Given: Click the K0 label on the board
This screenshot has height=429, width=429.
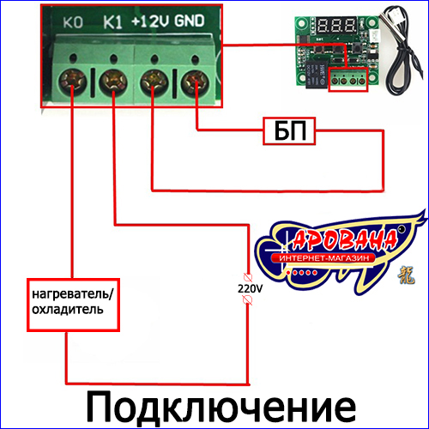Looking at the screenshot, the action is point(73,22).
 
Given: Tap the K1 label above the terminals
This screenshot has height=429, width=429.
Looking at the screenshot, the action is point(112,22).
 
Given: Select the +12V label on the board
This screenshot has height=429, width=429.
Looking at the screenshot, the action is point(150,21).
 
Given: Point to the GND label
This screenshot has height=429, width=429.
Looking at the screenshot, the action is point(190,21).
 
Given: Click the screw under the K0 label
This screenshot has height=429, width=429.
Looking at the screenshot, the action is point(73,82).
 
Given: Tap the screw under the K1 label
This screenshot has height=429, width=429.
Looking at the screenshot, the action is point(113,82).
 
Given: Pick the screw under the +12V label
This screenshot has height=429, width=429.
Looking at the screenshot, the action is point(154,82).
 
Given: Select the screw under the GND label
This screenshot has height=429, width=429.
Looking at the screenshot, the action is point(196,82).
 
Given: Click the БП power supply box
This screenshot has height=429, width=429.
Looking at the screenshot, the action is point(289,131).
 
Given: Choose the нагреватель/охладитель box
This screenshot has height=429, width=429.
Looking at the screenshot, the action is point(73,305).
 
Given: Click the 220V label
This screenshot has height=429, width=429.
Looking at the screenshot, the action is point(250,289).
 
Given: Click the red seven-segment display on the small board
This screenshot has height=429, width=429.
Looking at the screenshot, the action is point(336,26).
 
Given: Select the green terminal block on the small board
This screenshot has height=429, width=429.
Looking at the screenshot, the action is point(348,81).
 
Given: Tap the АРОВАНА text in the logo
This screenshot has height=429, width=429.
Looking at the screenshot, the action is point(344,239).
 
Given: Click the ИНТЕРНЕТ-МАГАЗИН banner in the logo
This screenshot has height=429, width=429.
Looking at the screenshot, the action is point(323,258).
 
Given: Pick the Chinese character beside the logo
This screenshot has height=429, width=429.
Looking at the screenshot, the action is point(407,275).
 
